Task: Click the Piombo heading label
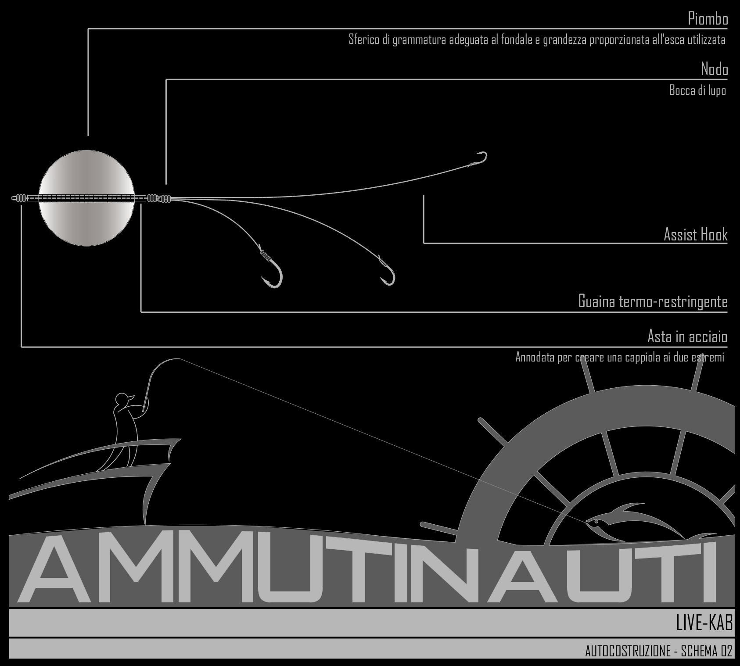pyautogui.click(x=708, y=19)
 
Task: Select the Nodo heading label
pyautogui.click(x=715, y=69)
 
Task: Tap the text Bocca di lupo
pyautogui.click(x=697, y=90)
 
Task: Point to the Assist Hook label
pyautogui.click(x=695, y=234)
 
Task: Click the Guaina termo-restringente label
pyautogui.click(x=653, y=301)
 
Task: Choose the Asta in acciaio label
pyautogui.click(x=687, y=337)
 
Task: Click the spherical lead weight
pyautogui.click(x=86, y=198)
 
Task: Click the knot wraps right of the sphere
pyautogui.click(x=158, y=198)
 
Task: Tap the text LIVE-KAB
pyautogui.click(x=704, y=623)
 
